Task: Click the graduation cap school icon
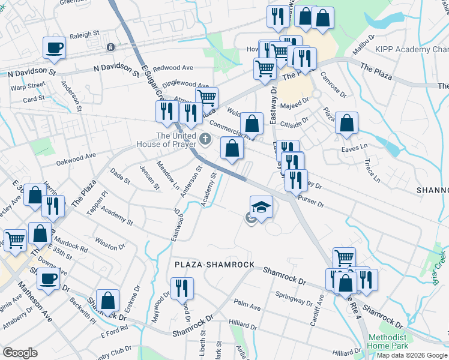coord(261,207)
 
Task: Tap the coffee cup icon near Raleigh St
coord(53,47)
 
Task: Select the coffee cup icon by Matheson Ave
coord(48,279)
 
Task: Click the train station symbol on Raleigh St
coord(110,47)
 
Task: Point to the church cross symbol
coord(206,140)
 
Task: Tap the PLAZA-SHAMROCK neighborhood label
coord(215,265)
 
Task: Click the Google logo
coord(20,353)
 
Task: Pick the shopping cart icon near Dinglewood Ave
coord(206,97)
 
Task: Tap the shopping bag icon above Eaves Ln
coord(347,123)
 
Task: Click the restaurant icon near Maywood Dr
coord(182,288)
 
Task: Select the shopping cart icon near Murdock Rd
coord(15,240)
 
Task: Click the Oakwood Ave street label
coord(76,158)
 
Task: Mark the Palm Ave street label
coord(247,307)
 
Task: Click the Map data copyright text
coord(412,355)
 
